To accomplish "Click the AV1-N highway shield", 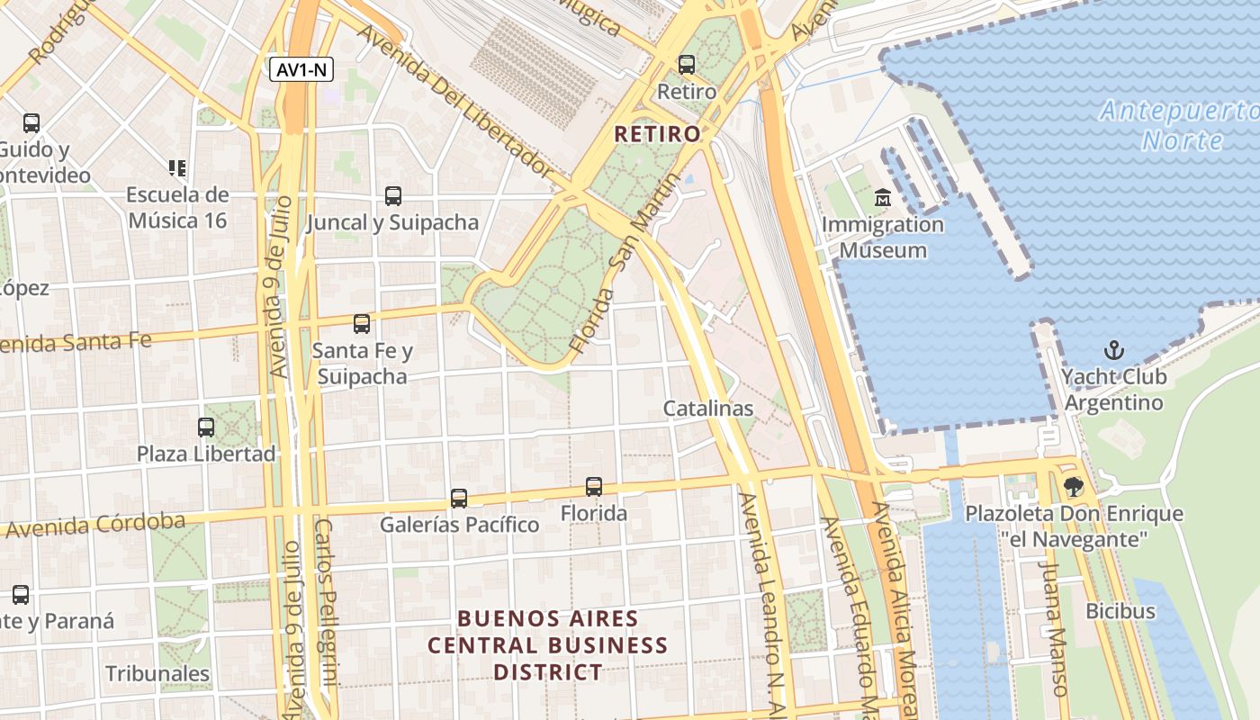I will [301, 69].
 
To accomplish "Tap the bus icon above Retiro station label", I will [687, 65].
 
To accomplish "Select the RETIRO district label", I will [657, 135].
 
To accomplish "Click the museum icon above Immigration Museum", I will [882, 197].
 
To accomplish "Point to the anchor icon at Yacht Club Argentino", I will [1114, 350].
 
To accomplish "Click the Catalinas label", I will [708, 409].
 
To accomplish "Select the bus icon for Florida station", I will [594, 487].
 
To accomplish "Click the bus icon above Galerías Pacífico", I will [459, 498].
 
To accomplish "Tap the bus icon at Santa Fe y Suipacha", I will [362, 324].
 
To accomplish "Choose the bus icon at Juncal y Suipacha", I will [392, 195].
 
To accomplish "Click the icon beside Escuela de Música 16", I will [177, 167].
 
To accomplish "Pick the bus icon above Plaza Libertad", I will [206, 427].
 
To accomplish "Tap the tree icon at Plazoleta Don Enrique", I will [1073, 487].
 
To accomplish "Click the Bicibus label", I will [1120, 611].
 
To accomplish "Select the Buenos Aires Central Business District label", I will [547, 645].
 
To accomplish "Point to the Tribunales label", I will [157, 673].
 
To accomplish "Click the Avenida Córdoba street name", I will [94, 526].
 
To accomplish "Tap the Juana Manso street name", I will [1052, 628].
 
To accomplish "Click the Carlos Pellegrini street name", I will [325, 612].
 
